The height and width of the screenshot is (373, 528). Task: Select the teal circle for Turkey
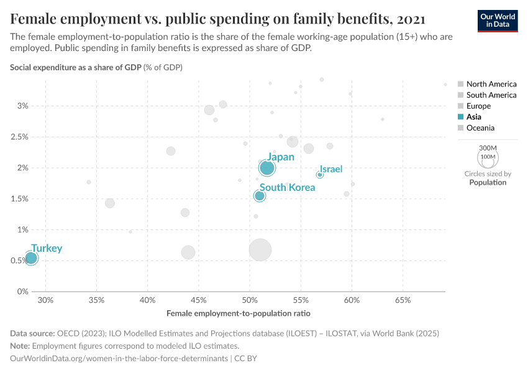click(31, 258)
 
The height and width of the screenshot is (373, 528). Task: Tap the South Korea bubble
click(260, 196)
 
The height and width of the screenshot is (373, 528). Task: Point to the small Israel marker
click(319, 175)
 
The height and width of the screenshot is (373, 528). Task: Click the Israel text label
click(331, 169)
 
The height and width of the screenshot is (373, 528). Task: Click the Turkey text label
click(47, 248)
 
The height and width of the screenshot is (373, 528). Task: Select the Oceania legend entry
click(480, 128)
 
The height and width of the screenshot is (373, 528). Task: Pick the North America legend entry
click(491, 84)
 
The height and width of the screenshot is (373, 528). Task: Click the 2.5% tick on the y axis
click(20, 137)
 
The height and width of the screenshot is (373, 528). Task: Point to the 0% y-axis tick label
click(23, 292)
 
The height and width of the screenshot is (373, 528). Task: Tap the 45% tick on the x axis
click(199, 300)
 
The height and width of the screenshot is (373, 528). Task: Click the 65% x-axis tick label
click(403, 300)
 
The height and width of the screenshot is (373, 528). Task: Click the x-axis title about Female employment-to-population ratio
click(239, 313)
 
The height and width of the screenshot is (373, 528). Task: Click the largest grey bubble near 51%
click(260, 250)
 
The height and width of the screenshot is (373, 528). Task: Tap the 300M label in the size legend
click(488, 147)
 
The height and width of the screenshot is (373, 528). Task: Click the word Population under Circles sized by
click(488, 183)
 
